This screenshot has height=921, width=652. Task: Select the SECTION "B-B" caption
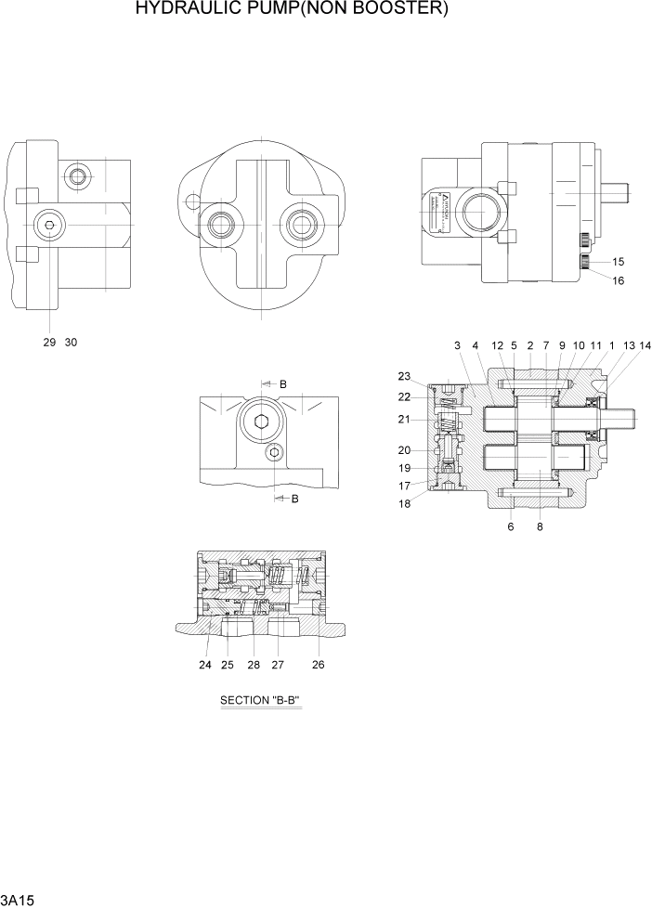coord(261,700)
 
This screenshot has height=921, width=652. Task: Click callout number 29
coord(49,342)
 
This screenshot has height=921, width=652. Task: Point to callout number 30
coord(71,342)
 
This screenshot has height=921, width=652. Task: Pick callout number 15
coord(618,262)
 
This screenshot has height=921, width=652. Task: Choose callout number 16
coord(618,280)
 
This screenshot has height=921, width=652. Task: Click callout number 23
coord(404,377)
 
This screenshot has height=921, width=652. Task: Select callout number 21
coord(404,419)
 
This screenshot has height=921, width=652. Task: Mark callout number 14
coord(645,345)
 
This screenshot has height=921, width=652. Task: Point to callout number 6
coord(511,526)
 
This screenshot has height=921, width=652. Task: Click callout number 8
coord(540,526)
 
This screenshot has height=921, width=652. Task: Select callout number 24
coord(205,665)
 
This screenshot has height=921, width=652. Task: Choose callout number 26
coord(319,665)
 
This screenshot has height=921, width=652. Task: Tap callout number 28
coord(253,665)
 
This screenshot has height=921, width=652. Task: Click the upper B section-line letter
coord(283,384)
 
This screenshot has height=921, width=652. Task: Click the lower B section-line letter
coord(294,499)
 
